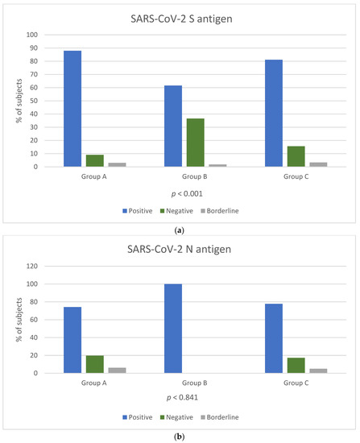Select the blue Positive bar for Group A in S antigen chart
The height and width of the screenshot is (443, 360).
[x=72, y=109]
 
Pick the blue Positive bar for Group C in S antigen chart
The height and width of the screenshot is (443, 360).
[x=274, y=113]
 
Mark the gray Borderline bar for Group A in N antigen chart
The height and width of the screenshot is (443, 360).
[x=118, y=371]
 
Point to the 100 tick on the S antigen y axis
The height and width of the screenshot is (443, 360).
[x=31, y=35]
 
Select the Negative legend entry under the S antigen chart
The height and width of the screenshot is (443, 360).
[x=187, y=211]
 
